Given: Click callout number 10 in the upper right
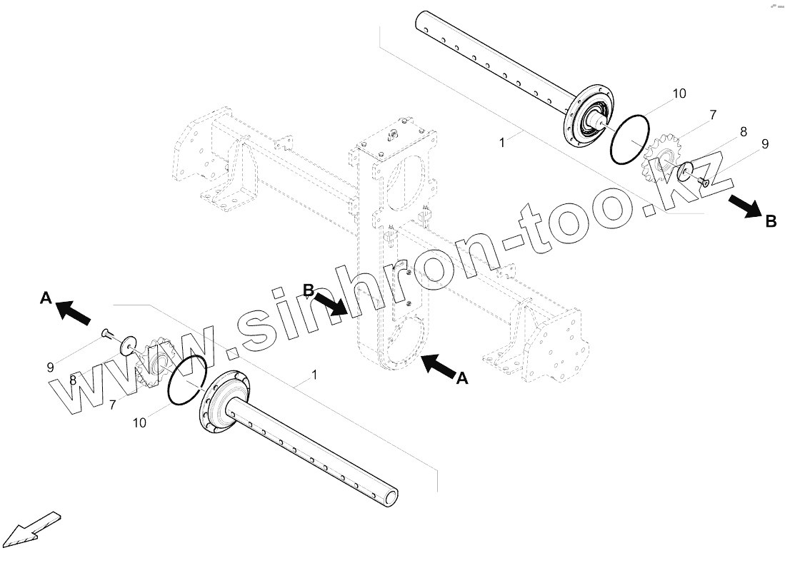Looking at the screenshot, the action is tap(678, 93).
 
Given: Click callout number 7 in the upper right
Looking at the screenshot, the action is tap(693, 114).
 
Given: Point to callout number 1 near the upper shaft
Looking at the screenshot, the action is tap(502, 143).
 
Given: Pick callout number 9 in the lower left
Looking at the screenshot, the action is tap(51, 367).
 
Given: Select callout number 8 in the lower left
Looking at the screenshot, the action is tap(73, 381).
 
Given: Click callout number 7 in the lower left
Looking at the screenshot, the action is tap(113, 405).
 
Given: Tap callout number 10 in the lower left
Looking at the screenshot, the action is tap(140, 423).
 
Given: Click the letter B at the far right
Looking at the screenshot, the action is tap(771, 222).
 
